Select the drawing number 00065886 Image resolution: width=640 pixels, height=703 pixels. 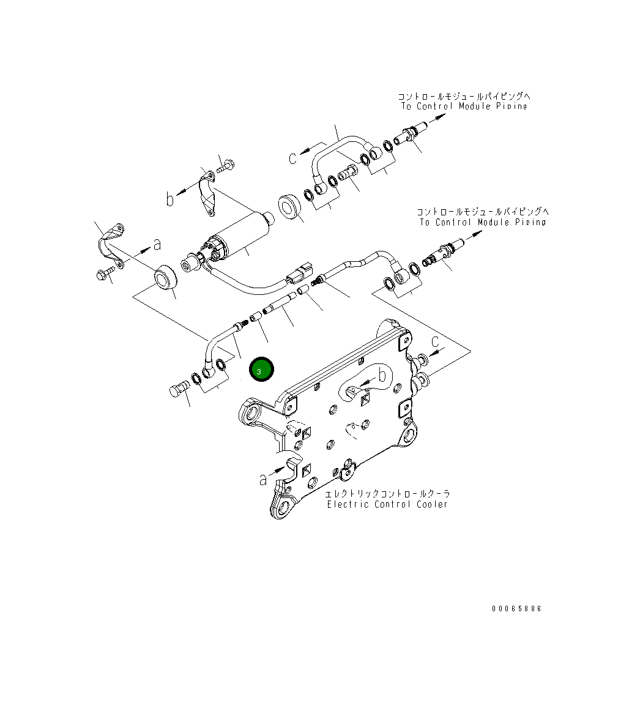[x=517, y=609]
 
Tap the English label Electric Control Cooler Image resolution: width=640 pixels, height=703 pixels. [x=387, y=505]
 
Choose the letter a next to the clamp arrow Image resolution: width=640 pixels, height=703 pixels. [x=157, y=244]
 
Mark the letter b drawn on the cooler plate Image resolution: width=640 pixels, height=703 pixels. [x=383, y=374]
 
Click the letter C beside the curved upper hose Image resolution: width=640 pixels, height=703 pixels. [x=293, y=158]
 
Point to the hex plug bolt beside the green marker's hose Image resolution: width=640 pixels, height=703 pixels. [x=178, y=390]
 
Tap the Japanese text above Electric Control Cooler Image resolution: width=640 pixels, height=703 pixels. [x=387, y=494]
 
